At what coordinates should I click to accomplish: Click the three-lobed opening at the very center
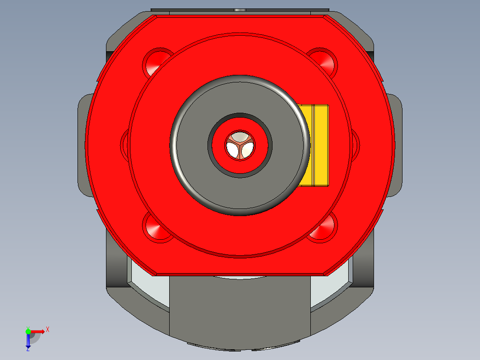coord(240,145)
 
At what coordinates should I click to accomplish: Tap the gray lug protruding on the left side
coord(82,145)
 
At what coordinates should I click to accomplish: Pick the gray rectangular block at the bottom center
coord(240,307)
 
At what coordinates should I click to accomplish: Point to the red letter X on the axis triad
coord(48,329)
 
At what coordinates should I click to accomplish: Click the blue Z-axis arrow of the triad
coord(28,342)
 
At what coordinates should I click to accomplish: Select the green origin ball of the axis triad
coord(28,331)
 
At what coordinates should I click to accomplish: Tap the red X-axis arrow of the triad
coord(39,331)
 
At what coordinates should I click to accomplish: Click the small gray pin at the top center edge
coord(240,10)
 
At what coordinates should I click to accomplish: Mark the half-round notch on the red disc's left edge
coord(125,142)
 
